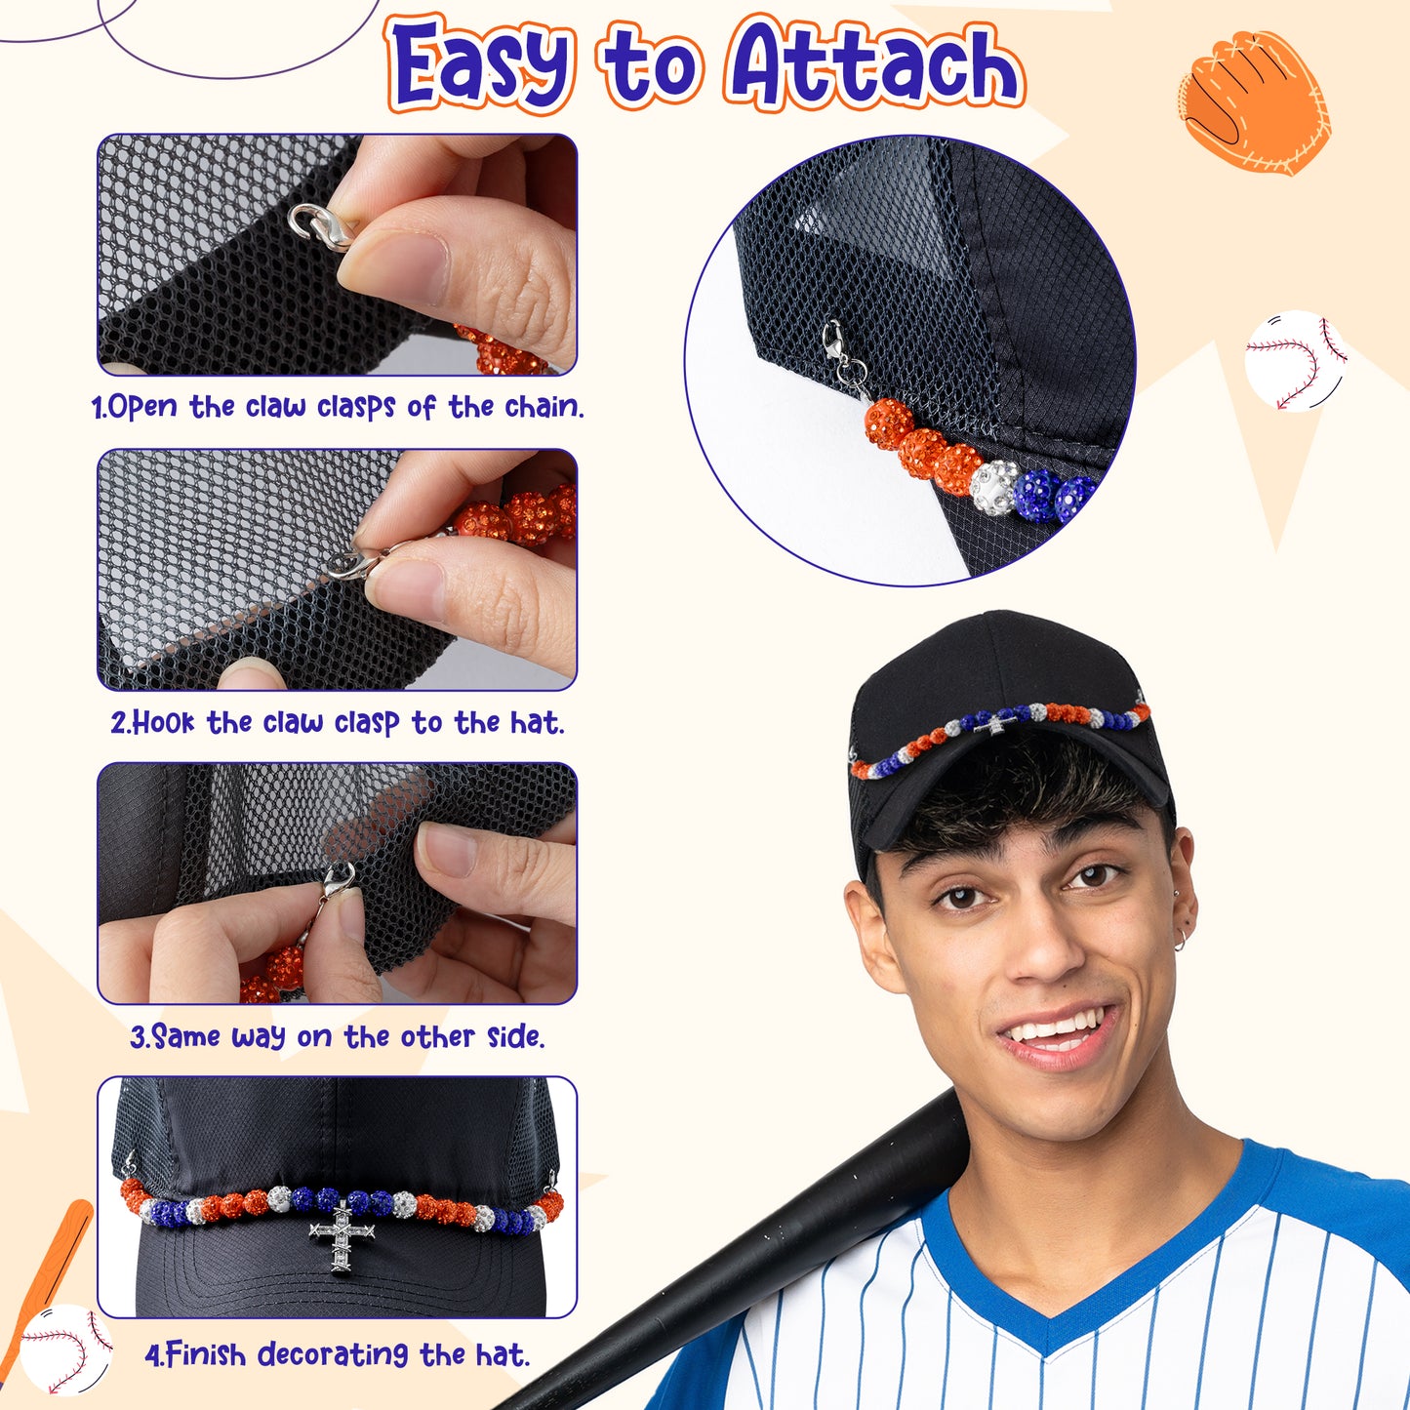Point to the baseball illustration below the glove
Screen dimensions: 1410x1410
1296,361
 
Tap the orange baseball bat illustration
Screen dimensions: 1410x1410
51,1274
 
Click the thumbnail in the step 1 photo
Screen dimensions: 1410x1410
395,267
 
